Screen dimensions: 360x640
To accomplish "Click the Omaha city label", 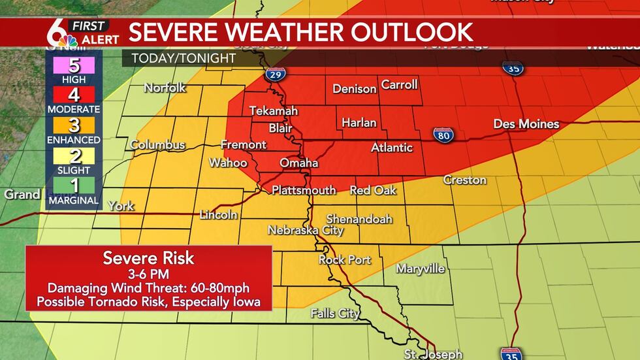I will [298, 163].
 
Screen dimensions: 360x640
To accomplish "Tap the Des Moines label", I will [526, 123].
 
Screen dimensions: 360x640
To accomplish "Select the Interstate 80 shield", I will [442, 135].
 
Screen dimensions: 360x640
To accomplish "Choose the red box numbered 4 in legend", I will [73, 95].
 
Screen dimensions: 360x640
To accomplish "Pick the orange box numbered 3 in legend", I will [73, 125].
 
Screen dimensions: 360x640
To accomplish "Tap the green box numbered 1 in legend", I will [73, 186].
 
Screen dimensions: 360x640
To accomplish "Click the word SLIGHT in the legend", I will [73, 171].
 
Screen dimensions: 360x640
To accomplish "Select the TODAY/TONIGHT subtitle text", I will [184, 58].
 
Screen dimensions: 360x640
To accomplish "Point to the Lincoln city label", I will [218, 214].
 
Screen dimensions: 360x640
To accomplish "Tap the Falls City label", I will [335, 314].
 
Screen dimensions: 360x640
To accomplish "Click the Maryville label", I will [421, 269].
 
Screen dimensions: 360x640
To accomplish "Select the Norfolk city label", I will [165, 88].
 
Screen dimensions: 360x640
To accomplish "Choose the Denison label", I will [355, 89].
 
